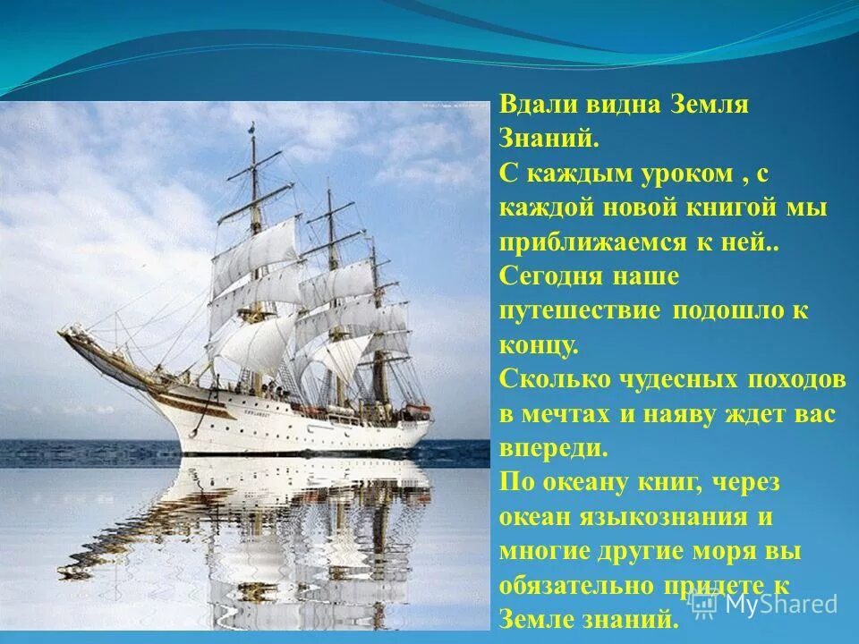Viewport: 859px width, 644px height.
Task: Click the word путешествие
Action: point(579,311)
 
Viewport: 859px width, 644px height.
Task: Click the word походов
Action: point(796,379)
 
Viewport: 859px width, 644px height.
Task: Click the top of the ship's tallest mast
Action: point(252,126)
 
